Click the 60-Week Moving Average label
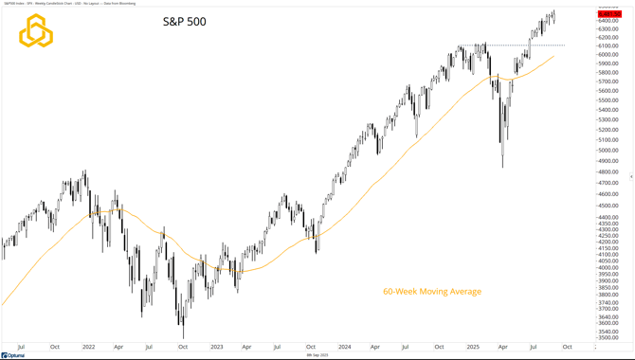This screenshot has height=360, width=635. (431, 291)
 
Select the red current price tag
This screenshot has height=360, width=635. (610, 14)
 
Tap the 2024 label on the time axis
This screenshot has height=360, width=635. (344, 347)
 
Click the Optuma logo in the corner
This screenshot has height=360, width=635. (13, 355)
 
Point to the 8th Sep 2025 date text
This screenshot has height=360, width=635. (317, 355)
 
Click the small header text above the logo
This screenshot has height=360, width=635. (57, 3)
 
